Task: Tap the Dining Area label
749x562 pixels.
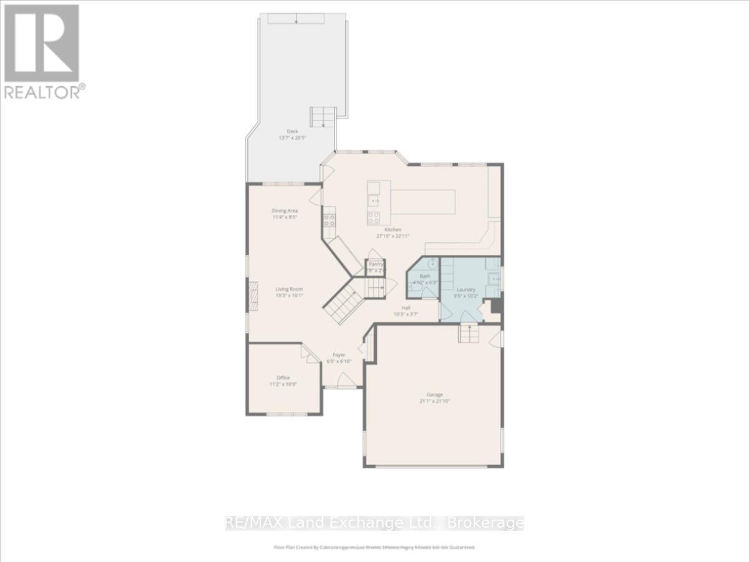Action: click(x=285, y=211)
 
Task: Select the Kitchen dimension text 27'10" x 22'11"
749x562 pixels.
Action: click(x=393, y=237)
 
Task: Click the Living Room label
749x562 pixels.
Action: click(x=290, y=289)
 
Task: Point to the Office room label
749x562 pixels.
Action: click(x=283, y=378)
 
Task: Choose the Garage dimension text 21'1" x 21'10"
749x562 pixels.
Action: click(x=434, y=402)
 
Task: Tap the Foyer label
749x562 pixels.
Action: click(x=339, y=355)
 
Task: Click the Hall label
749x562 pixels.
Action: click(x=406, y=308)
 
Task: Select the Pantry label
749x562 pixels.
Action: click(x=376, y=265)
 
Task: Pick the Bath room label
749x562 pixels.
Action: click(x=425, y=276)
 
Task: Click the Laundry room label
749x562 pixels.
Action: click(x=466, y=290)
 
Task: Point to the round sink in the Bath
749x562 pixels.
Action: click(x=433, y=262)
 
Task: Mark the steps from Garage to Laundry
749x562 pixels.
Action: click(x=469, y=335)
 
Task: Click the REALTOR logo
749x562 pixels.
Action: click(x=42, y=50)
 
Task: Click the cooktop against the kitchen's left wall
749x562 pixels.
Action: click(x=329, y=220)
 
